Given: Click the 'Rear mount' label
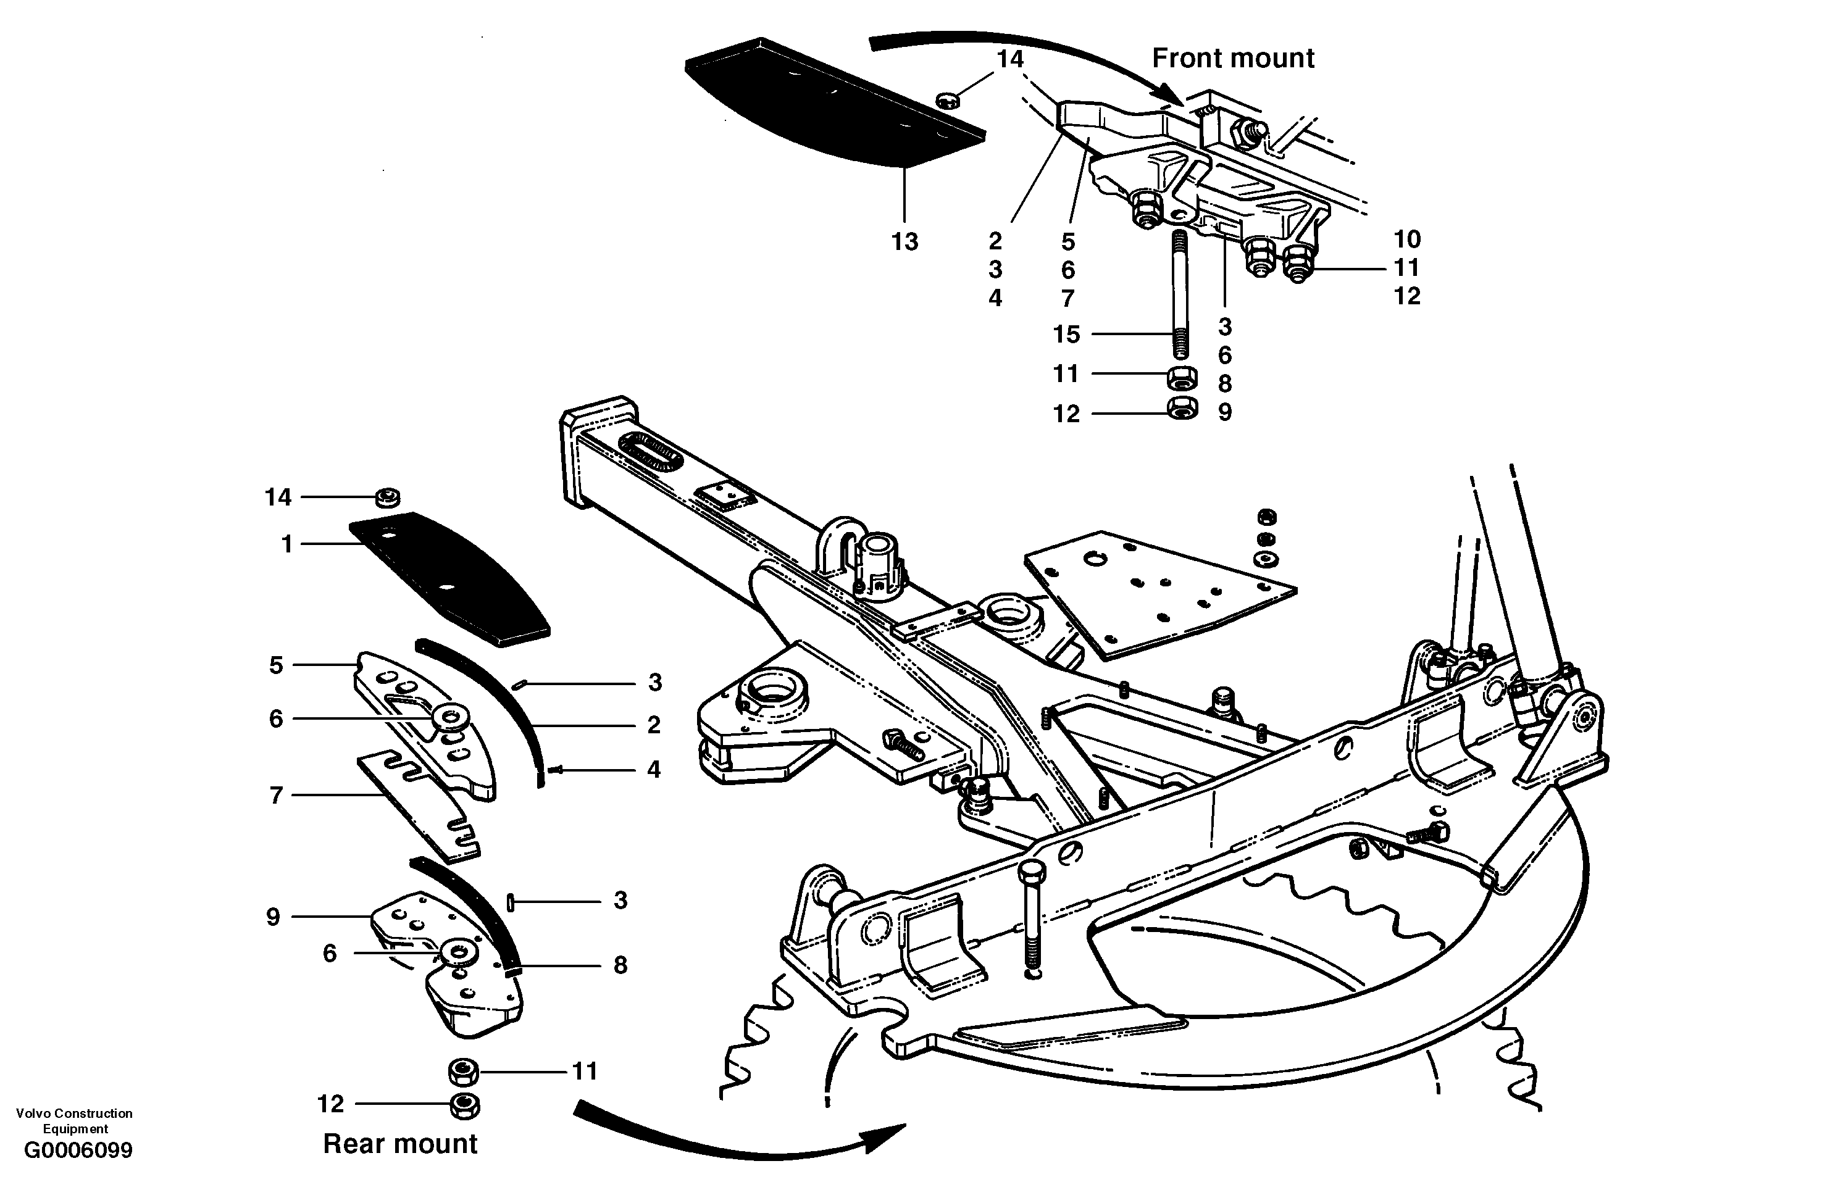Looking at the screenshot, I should (x=400, y=1144).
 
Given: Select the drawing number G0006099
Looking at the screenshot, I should (x=78, y=1151).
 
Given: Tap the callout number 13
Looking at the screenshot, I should (x=904, y=242).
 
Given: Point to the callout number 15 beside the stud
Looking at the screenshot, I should (x=1066, y=335).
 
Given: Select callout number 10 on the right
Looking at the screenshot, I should (x=1406, y=239).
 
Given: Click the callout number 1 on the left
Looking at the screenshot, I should (x=287, y=544).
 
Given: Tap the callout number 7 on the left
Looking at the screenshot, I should (x=277, y=795).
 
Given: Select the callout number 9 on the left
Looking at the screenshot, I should (x=273, y=917).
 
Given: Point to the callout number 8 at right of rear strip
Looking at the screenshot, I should (x=620, y=965).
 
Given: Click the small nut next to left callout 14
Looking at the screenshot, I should (x=387, y=498).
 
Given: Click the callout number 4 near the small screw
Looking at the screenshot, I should (x=653, y=769).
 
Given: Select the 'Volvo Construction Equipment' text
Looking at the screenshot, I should (x=74, y=1120).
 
